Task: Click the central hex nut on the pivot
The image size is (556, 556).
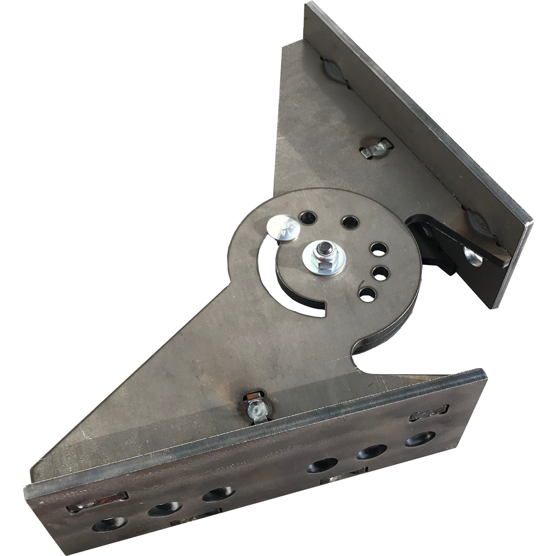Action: (324, 256)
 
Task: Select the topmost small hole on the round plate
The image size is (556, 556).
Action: (308, 218)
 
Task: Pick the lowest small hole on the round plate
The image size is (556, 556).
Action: (368, 294)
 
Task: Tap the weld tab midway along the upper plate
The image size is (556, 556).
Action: (376, 148)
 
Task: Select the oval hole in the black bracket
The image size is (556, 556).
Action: (472, 256)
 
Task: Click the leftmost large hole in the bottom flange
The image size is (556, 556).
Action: (109, 524)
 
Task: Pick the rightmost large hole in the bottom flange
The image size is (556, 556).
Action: (420, 438)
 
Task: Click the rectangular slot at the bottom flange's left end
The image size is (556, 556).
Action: (97, 502)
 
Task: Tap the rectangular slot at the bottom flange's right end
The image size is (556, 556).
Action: (429, 413)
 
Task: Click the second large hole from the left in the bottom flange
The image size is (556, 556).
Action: (164, 509)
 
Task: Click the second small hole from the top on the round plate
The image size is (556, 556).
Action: (350, 222)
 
